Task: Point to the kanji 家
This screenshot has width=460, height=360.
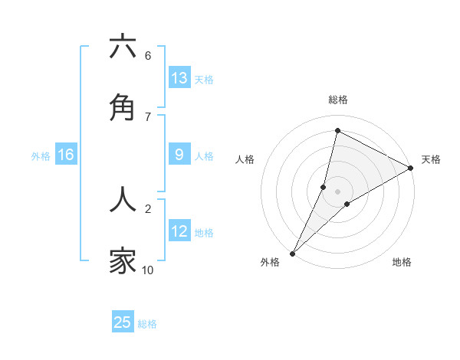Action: click(123, 261)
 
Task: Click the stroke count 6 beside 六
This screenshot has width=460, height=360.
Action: click(148, 56)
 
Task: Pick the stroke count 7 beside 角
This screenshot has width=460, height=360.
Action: click(148, 116)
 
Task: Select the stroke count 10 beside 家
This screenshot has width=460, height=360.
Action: click(148, 270)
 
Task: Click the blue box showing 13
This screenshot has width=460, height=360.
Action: click(179, 78)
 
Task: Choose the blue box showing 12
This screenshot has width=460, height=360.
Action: click(179, 231)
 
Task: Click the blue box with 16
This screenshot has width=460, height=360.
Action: click(66, 155)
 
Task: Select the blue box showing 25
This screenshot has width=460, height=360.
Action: click(123, 322)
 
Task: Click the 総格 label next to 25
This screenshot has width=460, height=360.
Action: click(148, 324)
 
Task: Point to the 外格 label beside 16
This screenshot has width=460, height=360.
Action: click(41, 156)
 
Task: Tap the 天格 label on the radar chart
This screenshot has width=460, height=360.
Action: click(431, 159)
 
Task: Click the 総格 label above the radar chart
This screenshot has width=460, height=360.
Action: click(338, 100)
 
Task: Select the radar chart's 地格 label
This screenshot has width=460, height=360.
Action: click(402, 262)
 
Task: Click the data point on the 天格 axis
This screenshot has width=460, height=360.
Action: click(410, 168)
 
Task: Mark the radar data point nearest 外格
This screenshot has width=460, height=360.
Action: click(292, 253)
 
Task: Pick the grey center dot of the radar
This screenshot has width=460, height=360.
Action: click(338, 191)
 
